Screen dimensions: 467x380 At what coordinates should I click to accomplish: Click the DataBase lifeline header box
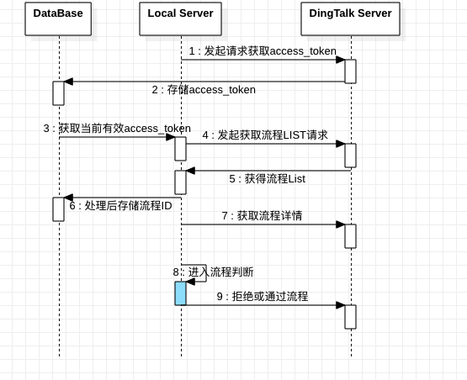(58, 18)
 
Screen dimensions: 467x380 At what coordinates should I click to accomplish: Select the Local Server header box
(180, 18)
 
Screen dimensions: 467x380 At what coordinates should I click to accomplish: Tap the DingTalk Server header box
(350, 18)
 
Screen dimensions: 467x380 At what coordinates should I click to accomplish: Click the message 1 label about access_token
(263, 51)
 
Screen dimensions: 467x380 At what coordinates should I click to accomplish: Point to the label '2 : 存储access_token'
(204, 90)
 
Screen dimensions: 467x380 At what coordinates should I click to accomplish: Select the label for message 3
(117, 129)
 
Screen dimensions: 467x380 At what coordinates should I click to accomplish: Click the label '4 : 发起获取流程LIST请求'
(265, 135)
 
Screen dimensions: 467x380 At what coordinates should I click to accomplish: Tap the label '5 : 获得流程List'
(267, 179)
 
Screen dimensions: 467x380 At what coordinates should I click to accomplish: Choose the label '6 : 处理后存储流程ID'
(120, 206)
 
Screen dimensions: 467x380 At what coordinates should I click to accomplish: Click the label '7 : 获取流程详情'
(262, 215)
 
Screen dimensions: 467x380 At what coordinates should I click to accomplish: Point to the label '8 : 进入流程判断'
(213, 272)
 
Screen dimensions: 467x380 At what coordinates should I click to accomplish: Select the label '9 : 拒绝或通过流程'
(263, 297)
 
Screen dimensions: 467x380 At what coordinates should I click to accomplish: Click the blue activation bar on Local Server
(180, 293)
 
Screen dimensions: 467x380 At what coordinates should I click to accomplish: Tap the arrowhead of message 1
(341, 60)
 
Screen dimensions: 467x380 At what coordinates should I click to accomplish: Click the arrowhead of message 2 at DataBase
(68, 82)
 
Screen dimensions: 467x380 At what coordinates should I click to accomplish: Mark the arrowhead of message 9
(341, 305)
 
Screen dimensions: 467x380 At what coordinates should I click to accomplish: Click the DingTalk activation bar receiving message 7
(351, 236)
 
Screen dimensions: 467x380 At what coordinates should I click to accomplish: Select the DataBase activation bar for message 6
(58, 209)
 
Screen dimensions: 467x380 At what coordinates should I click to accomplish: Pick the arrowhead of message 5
(191, 171)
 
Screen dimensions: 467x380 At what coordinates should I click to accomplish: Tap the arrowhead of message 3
(170, 137)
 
